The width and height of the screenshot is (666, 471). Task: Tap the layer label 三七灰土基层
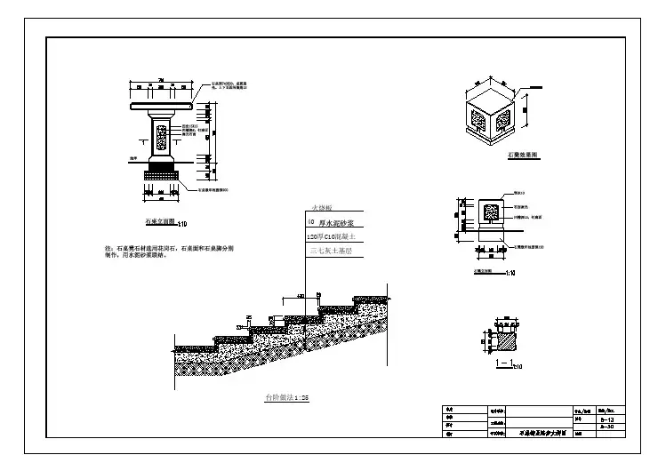(x=331, y=251)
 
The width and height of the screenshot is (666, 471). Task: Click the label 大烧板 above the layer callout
(x=321, y=208)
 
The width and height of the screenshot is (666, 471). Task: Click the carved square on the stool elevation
(x=489, y=213)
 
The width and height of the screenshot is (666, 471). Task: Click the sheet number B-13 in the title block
(x=610, y=418)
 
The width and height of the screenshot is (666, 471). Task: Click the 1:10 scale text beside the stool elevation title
(x=510, y=273)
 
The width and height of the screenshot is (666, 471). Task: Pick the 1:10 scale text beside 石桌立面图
(x=182, y=223)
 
